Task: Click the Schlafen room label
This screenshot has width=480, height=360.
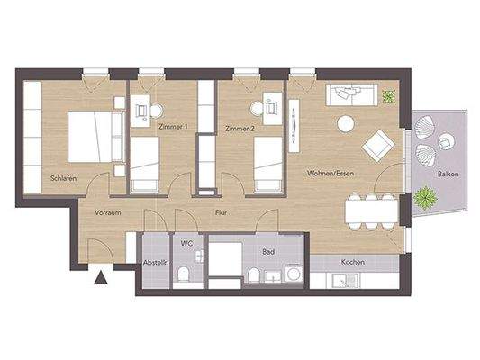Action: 63,179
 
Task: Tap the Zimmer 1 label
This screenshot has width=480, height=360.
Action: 174,128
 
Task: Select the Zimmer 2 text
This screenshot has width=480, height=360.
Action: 240,128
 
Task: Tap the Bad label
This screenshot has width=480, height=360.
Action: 267,253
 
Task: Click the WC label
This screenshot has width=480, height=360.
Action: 186,243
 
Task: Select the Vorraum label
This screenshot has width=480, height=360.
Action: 107,213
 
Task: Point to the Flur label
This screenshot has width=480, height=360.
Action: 220,213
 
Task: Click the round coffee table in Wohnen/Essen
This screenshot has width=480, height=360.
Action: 346,124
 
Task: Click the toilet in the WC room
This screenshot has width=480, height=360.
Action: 183,273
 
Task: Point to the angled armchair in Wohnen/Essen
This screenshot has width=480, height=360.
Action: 378,144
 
